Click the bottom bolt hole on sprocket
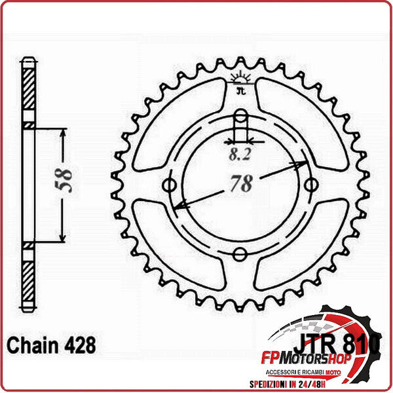(241, 253)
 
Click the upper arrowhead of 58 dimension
(63, 134)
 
